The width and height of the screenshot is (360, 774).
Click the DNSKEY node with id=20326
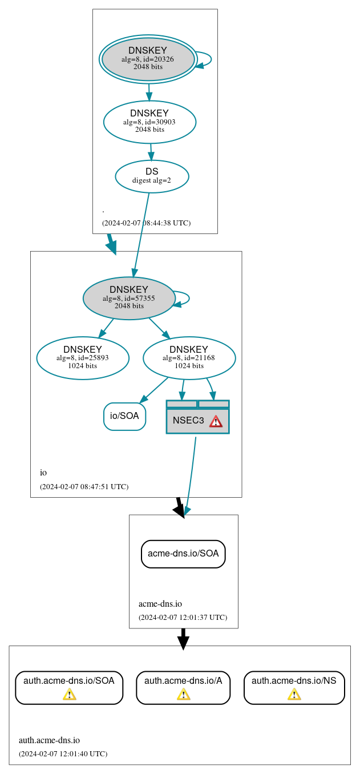click(x=148, y=59)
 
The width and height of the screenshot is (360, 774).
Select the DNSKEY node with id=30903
click(x=149, y=122)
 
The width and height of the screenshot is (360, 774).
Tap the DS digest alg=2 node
click(x=152, y=176)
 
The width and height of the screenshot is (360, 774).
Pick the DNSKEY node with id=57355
click(x=129, y=298)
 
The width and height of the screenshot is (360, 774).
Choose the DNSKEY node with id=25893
click(x=83, y=358)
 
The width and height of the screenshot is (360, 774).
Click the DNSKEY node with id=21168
click(x=189, y=358)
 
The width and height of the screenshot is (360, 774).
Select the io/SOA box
click(x=124, y=416)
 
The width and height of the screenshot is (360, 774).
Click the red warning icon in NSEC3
click(x=216, y=421)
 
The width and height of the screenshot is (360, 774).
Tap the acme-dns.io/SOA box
click(x=183, y=554)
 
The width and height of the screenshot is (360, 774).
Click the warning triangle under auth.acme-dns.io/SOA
click(x=69, y=694)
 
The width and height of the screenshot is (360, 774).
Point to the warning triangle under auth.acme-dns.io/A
click(x=183, y=694)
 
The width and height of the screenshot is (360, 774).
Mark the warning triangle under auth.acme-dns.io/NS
click(x=294, y=694)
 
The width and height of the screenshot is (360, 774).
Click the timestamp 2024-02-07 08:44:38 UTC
click(x=146, y=223)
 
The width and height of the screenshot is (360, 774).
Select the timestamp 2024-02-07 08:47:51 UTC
click(x=84, y=487)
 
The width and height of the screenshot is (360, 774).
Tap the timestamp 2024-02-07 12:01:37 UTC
click(x=183, y=618)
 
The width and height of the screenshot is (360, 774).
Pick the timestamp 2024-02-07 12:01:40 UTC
click(x=63, y=754)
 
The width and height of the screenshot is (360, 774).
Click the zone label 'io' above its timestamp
click(x=43, y=473)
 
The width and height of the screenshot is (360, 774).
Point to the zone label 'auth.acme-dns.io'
click(x=49, y=741)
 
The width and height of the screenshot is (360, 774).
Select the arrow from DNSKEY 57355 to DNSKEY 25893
click(x=106, y=328)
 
